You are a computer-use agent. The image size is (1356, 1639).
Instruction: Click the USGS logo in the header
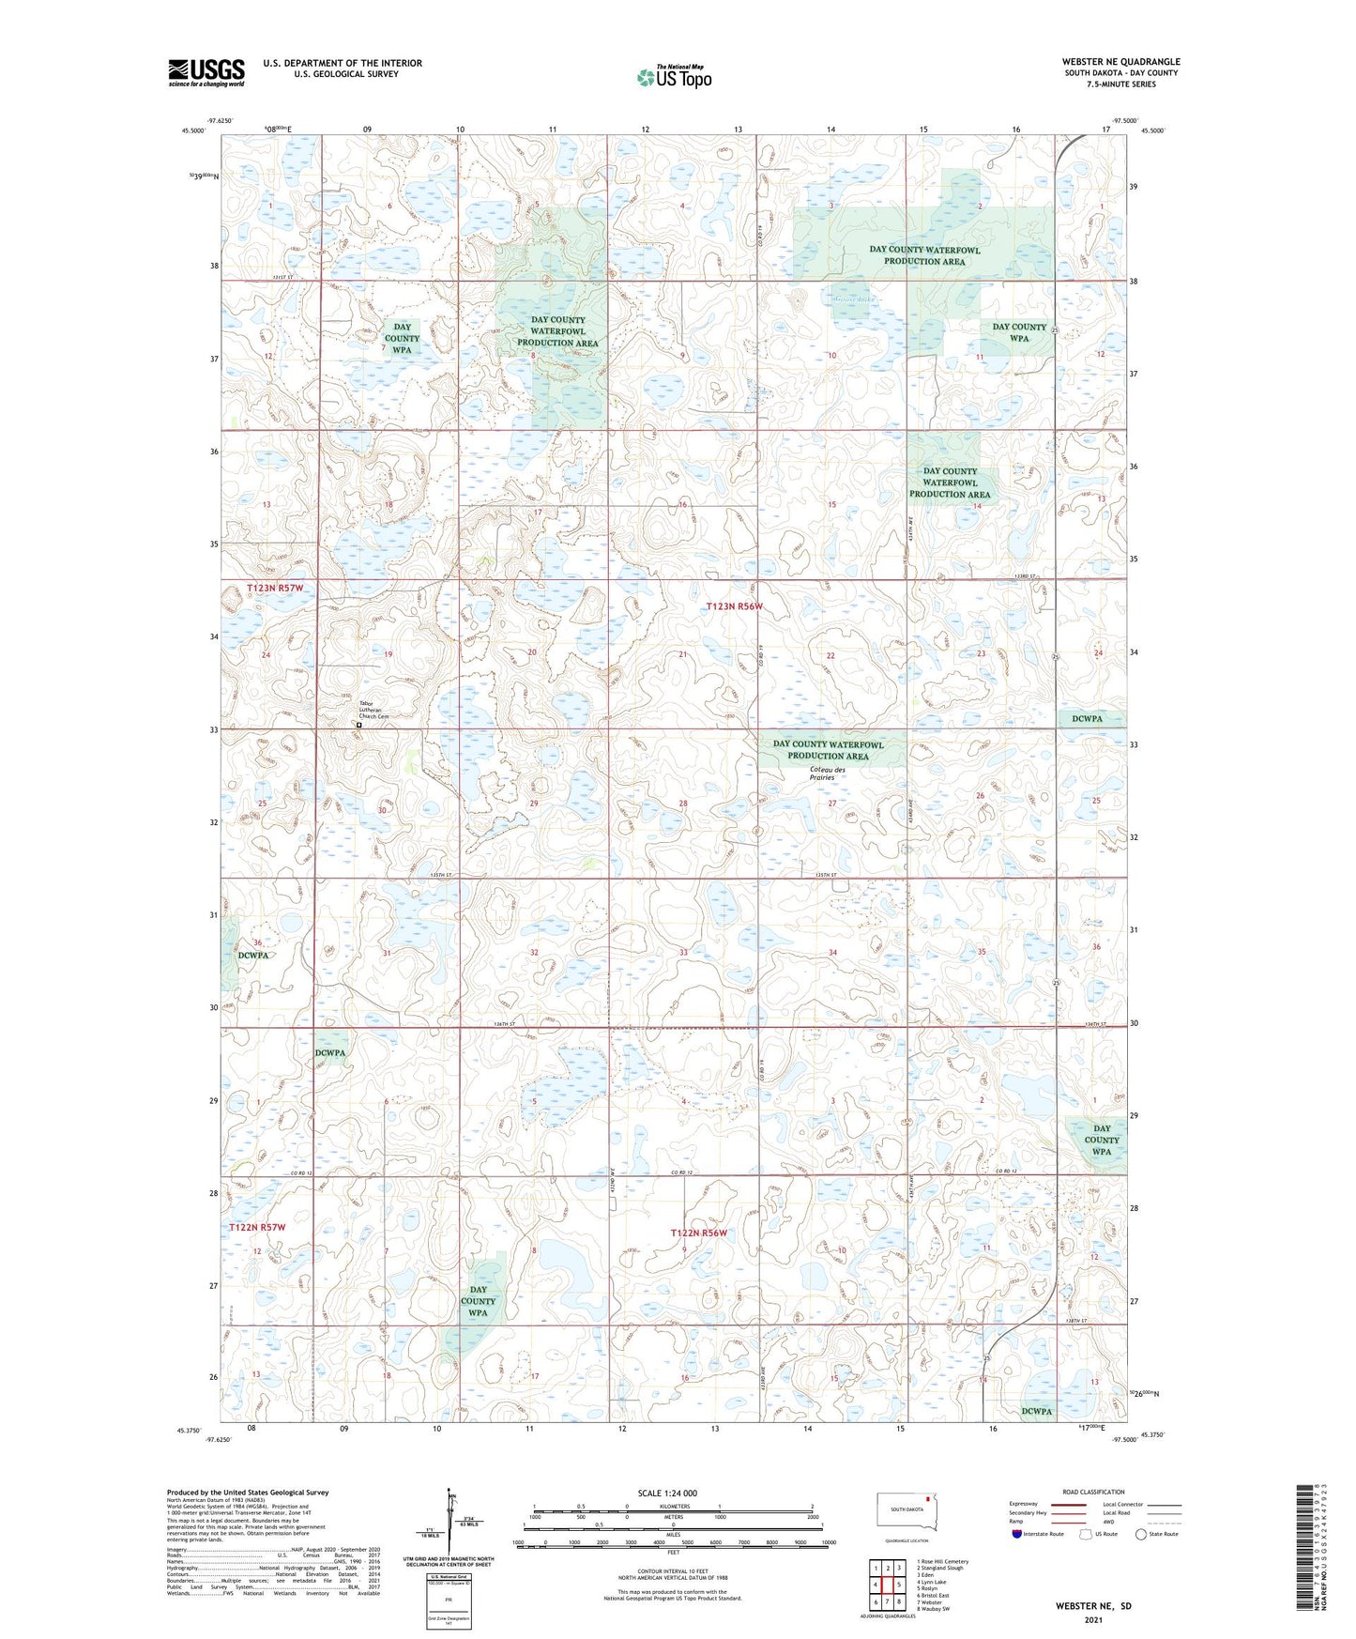click(206, 72)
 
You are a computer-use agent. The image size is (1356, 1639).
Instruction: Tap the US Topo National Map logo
click(673, 77)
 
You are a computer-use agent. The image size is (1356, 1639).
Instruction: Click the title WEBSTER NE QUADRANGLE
click(1120, 61)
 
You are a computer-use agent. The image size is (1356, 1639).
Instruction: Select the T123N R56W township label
click(735, 607)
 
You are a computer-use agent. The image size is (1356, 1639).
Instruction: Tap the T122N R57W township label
click(257, 1227)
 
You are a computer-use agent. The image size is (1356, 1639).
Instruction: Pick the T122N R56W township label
click(698, 1233)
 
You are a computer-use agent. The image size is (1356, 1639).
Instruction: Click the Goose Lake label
click(851, 301)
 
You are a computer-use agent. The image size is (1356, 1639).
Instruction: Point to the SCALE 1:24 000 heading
click(667, 1493)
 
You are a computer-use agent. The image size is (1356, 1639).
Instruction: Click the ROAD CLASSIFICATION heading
click(1093, 1492)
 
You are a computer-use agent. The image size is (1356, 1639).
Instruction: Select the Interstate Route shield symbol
click(1018, 1534)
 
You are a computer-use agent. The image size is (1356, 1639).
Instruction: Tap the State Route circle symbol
click(1141, 1534)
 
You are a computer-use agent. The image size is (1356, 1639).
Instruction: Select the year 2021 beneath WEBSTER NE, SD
click(1093, 1620)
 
